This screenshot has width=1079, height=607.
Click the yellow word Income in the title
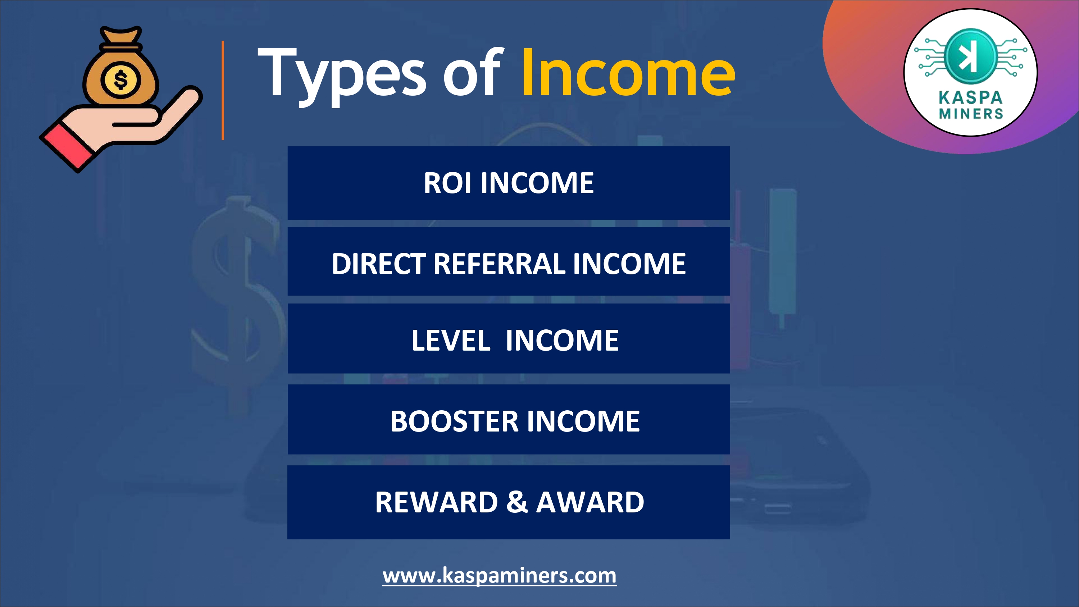click(628, 72)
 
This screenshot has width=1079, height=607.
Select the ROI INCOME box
click(509, 183)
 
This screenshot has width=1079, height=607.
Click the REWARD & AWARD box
click(509, 502)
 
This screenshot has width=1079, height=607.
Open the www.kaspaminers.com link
click(499, 576)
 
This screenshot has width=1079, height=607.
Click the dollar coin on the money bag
click(120, 79)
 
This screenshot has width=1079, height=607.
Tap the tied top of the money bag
click(120, 36)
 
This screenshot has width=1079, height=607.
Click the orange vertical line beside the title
click(223, 90)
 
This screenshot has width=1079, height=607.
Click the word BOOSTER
click(454, 421)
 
